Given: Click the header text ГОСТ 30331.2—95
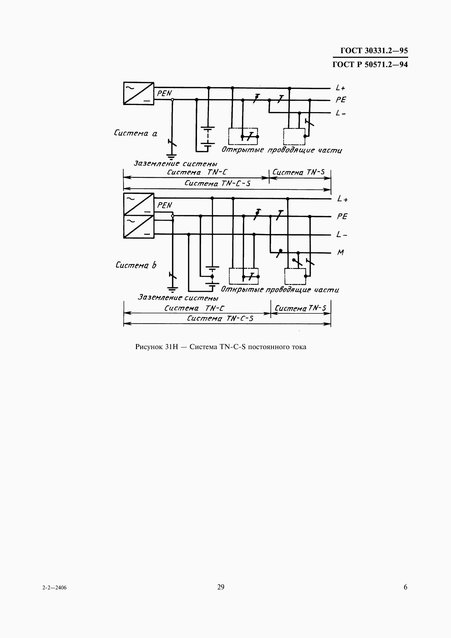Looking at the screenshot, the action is coord(374,50).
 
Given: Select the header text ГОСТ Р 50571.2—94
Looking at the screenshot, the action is coord(370,64).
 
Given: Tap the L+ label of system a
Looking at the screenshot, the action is coord(341,88).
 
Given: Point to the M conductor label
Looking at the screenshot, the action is coord(341,252).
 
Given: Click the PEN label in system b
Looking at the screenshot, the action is coord(165,205).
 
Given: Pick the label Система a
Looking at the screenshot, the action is coord(136,133).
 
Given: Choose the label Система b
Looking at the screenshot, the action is coord(136,265).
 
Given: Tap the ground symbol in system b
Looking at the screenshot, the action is coord(173,290).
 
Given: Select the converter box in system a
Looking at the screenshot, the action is coord(139,93).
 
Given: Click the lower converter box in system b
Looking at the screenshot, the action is coord(139,226).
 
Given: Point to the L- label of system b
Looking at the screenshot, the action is coord(342,235).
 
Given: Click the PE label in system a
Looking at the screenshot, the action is coord(341,100).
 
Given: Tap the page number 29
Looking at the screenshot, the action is coord(221,587).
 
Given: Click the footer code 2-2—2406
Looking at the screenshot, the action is coord(55,588).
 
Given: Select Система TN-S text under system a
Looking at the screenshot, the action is coord(298,172).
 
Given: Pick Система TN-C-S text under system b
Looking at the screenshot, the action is coord(220,318).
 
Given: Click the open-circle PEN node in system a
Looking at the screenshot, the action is coord(172,100).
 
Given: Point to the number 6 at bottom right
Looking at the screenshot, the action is coord(405,587).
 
